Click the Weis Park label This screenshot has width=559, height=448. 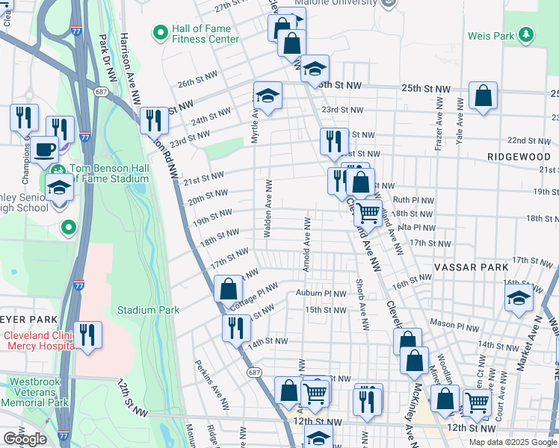tap(491, 36)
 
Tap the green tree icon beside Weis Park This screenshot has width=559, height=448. tap(526, 34)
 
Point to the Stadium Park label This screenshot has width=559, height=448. tap(148, 309)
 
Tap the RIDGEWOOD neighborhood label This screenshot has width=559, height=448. tap(516, 157)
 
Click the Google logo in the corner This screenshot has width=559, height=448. tap(25, 439)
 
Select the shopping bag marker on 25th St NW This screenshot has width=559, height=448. tap(484, 96)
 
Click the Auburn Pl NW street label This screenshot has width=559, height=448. tap(321, 293)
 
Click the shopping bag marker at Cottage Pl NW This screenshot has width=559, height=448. tap(228, 289)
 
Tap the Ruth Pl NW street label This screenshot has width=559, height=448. tap(413, 200)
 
